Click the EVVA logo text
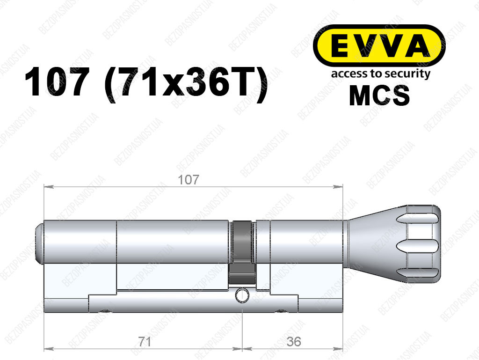click(379, 47)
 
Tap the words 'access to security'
click(381, 74)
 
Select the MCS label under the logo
click(379, 96)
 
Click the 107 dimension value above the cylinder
click(189, 180)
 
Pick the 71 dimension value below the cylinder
click(144, 341)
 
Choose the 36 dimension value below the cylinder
click(294, 341)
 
